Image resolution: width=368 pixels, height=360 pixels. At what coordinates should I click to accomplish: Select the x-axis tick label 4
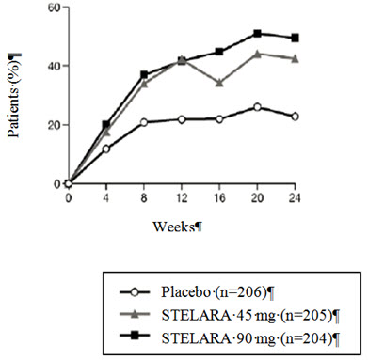click(x=106, y=199)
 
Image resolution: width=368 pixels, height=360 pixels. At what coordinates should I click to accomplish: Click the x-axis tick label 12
click(x=181, y=199)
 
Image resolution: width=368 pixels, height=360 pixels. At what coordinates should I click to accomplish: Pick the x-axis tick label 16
click(x=218, y=199)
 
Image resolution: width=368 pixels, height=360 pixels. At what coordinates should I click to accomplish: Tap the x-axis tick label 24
click(x=294, y=199)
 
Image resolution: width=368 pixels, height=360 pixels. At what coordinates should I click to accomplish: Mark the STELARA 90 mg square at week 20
click(x=257, y=34)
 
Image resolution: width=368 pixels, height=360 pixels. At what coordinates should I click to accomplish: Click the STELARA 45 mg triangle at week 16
click(x=219, y=83)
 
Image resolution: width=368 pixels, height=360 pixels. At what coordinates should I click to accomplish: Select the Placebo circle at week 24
click(x=295, y=117)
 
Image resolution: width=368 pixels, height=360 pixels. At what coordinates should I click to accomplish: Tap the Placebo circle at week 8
click(x=144, y=122)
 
